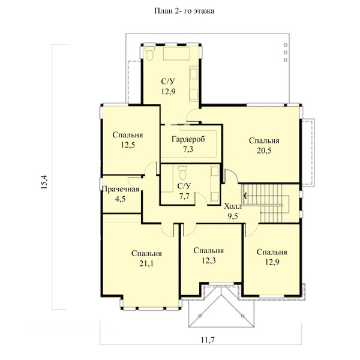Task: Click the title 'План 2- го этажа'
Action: click(184, 11)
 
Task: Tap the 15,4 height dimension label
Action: click(44, 182)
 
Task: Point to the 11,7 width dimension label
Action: click(208, 340)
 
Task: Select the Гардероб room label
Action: click(188, 139)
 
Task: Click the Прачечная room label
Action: click(121, 189)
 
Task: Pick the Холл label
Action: click(233, 206)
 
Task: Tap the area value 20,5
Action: click(264, 151)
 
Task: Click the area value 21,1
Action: click(146, 263)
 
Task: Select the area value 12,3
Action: click(209, 260)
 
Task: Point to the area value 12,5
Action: click(128, 145)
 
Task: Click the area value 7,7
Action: click(184, 196)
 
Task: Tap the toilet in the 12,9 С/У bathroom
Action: click(149, 53)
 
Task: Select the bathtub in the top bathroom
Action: click(176, 53)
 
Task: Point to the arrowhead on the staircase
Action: click(245, 196)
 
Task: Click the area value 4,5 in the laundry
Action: click(121, 199)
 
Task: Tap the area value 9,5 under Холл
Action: click(233, 216)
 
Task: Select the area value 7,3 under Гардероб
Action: click(188, 149)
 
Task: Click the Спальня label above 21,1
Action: click(146, 253)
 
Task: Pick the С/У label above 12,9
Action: click(168, 82)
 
